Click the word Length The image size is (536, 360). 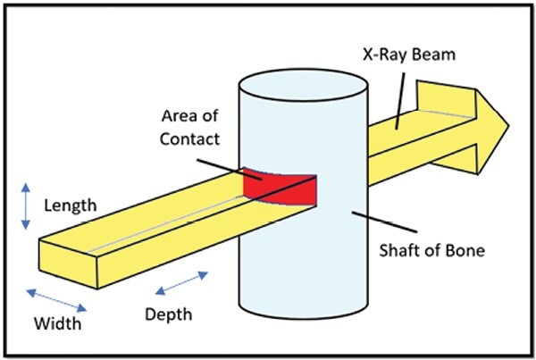click(70, 205)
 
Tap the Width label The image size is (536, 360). click(56, 322)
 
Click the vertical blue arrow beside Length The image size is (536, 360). click(26, 205)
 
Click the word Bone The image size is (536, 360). click(465, 250)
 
